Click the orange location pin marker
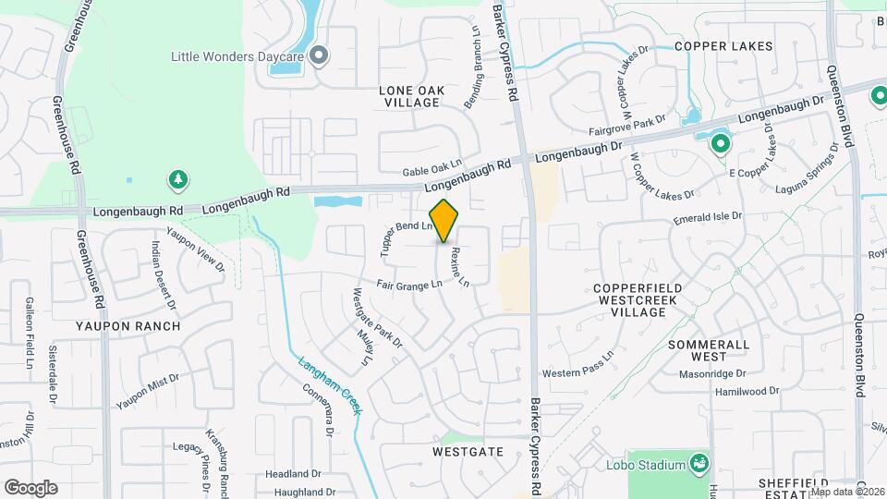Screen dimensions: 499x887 pyautogui.click(x=443, y=221)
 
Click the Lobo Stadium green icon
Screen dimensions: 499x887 pyautogui.click(x=699, y=463)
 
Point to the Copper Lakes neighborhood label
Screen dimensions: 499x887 pyautogui.click(x=716, y=45)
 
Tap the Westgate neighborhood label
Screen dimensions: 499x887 pyautogui.click(x=468, y=452)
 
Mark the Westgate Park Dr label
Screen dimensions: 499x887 pyautogui.click(x=378, y=317)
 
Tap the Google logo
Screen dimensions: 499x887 pyautogui.click(x=30, y=488)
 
